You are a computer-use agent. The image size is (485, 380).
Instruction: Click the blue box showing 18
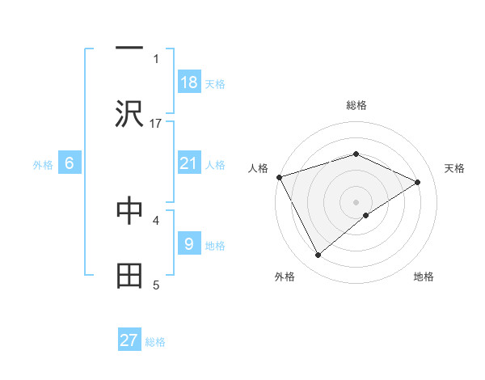189,82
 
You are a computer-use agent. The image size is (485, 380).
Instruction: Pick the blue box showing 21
189,163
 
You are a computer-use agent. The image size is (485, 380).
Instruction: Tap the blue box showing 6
70,163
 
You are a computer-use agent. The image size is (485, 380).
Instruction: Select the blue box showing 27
129,340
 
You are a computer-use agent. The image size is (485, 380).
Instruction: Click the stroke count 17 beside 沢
156,123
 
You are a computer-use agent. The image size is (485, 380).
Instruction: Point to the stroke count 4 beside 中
156,219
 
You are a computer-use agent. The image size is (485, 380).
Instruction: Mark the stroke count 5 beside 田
156,284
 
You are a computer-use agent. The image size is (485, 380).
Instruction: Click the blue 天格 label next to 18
215,84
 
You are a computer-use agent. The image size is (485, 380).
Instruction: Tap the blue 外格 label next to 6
43,165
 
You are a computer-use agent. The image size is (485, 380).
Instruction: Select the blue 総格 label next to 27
155,342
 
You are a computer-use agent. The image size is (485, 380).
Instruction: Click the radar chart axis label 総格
356,105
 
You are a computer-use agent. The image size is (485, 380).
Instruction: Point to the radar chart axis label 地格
424,277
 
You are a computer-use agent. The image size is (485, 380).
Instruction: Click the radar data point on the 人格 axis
279,177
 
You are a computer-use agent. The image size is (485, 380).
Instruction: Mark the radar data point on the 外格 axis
318,255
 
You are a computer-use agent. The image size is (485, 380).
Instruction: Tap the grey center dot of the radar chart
356,201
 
